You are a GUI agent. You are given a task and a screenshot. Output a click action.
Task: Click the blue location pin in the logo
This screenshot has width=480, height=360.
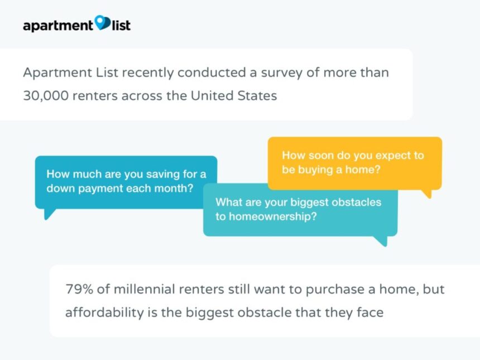103,23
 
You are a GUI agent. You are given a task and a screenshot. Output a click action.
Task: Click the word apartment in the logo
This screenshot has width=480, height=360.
58,26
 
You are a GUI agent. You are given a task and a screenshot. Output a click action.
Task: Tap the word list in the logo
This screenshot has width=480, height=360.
121,25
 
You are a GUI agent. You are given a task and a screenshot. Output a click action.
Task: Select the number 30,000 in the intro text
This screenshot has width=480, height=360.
46,96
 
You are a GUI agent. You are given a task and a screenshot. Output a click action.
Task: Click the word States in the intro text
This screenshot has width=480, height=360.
257,95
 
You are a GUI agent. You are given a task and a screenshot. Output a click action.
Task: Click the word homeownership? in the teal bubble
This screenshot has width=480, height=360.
272,217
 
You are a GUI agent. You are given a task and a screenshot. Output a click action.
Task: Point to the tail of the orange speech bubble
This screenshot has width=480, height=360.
428,194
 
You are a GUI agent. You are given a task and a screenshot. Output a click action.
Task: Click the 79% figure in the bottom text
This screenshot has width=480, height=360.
79,289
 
